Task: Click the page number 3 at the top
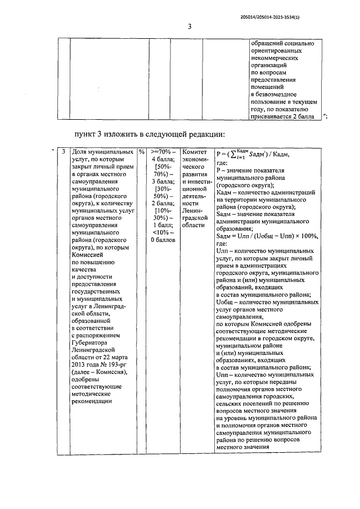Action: pyautogui.click(x=190, y=26)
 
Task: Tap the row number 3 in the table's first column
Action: pyautogui.click(x=64, y=152)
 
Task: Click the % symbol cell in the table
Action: pyautogui.click(x=142, y=152)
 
